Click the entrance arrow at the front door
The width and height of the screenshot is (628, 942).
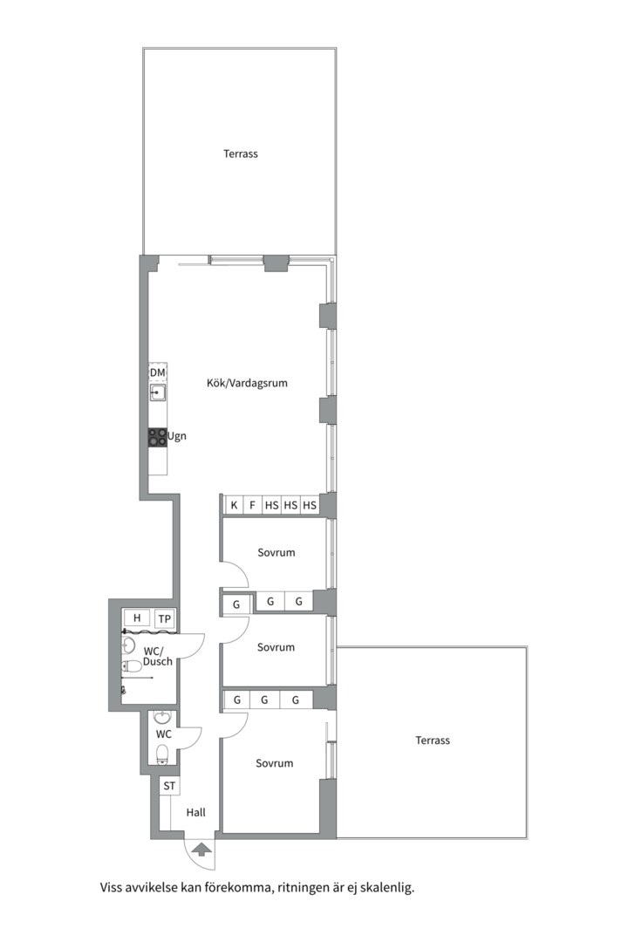tap(201, 849)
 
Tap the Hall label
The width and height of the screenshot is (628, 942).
tap(196, 813)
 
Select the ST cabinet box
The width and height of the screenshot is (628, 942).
tap(169, 786)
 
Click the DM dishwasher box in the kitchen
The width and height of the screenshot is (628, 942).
tap(158, 373)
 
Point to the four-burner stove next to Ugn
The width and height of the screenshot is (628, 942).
tap(158, 437)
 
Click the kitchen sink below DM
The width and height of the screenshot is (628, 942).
tap(158, 392)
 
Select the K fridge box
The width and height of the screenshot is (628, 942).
tap(234, 505)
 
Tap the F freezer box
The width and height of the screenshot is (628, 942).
tap(252, 505)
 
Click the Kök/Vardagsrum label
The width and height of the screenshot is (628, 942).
tap(247, 383)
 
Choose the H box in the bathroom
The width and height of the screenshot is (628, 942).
tap(137, 618)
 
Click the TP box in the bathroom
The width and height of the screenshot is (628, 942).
tap(165, 618)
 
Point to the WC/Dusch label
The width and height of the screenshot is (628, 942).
tap(158, 656)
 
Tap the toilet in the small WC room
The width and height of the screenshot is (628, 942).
tap(162, 754)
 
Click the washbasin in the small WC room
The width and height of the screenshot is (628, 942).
tap(162, 717)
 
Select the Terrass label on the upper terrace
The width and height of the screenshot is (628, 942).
tap(241, 154)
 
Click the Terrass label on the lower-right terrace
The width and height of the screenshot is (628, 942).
tap(433, 741)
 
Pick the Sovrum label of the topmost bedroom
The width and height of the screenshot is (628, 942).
tap(276, 553)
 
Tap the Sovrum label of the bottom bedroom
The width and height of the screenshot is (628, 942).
tap(275, 763)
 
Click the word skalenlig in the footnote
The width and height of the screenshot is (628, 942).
tap(387, 887)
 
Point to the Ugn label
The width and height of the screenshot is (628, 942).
tap(177, 437)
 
